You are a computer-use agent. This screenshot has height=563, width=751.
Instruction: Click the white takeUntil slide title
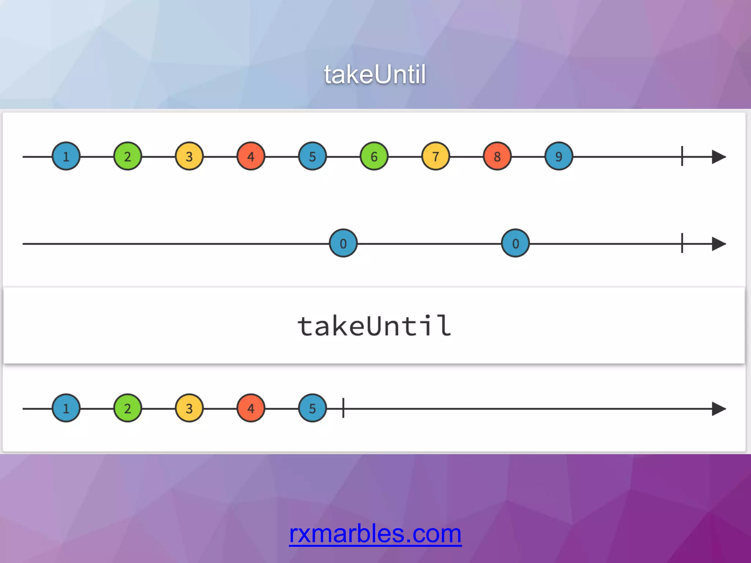(x=375, y=74)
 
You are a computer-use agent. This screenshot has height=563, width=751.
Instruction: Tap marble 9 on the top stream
(x=558, y=156)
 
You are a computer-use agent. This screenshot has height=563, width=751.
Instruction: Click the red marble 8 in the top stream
(x=497, y=156)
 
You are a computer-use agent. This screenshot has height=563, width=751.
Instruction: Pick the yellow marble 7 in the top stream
(x=435, y=156)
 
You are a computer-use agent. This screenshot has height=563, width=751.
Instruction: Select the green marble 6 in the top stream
(x=374, y=156)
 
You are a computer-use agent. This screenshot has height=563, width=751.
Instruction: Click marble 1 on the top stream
(x=66, y=156)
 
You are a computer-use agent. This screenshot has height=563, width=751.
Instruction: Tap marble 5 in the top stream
(x=312, y=156)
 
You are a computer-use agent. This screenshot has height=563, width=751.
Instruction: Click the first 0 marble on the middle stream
(x=343, y=243)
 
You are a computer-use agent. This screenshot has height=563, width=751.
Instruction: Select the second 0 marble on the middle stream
(x=515, y=243)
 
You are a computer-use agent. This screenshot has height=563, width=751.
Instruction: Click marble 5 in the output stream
(x=312, y=408)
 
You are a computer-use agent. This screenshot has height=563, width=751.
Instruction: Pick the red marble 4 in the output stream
(x=250, y=408)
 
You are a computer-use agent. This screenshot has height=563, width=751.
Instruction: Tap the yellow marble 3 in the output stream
(x=189, y=408)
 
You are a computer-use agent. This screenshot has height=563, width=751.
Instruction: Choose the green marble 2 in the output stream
(x=127, y=408)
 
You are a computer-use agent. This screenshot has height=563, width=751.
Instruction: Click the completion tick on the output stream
(x=343, y=408)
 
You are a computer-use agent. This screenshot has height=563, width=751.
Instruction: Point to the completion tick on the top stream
(x=682, y=156)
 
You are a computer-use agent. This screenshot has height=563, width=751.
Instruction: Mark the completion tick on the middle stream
(x=682, y=243)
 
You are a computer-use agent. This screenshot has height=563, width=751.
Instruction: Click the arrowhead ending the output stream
(x=719, y=408)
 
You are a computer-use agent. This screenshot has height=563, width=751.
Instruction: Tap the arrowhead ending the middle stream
(x=719, y=244)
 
